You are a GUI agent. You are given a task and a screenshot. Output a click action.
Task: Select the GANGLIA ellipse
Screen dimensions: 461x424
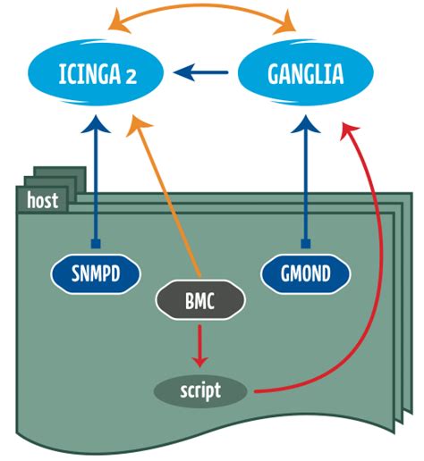[x=305, y=73]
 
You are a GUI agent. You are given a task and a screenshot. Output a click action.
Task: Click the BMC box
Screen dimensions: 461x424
[x=200, y=302]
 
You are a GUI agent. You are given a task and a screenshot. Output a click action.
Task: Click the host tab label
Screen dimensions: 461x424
[x=42, y=200]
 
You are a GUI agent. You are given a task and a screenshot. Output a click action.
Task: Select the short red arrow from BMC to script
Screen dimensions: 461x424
[x=200, y=343]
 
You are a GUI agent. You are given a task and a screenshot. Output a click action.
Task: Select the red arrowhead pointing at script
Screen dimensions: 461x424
[x=200, y=361]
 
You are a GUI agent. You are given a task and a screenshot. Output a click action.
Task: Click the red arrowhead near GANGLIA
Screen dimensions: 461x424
[x=345, y=130]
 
